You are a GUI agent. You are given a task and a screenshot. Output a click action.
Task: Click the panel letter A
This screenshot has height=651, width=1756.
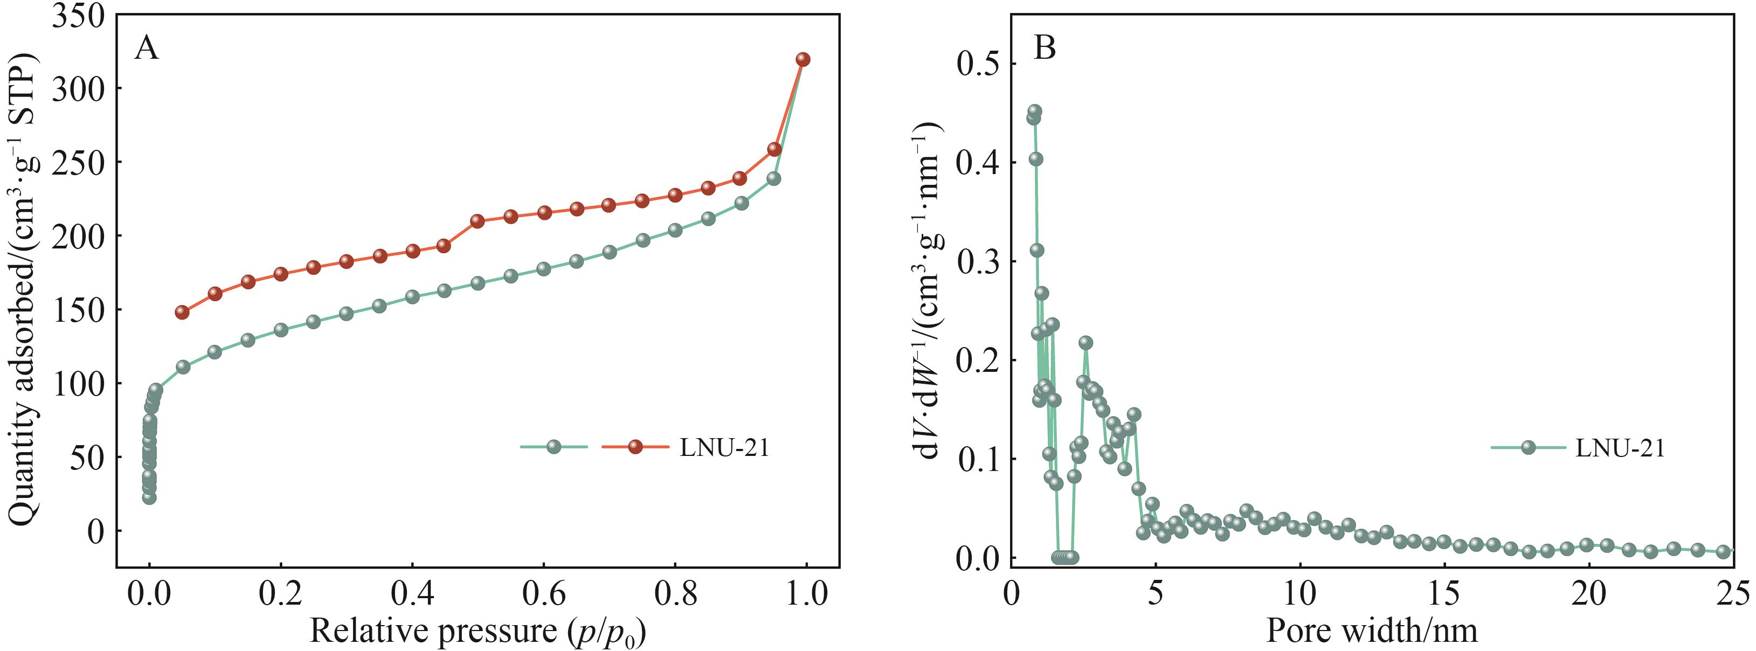146,49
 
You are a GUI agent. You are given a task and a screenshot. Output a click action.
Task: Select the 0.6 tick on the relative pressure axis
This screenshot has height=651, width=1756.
543,593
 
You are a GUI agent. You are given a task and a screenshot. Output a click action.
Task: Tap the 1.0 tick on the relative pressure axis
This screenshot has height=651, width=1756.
806,593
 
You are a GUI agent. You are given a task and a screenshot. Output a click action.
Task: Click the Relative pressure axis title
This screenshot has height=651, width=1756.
477,631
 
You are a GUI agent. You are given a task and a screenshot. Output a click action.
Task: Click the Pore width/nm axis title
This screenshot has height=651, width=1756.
1372,631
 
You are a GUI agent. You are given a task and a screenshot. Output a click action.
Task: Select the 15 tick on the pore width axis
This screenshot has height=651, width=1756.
1444,593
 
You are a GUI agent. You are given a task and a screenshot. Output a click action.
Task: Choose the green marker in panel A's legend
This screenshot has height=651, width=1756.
554,447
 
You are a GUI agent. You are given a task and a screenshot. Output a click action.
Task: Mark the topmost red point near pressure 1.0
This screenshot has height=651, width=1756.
803,59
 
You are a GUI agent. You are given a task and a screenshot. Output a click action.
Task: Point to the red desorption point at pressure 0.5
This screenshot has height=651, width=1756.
477,221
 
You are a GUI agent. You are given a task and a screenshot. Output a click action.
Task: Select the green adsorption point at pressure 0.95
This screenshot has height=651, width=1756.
773,178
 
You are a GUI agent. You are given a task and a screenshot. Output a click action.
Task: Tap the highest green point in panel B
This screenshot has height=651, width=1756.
1035,110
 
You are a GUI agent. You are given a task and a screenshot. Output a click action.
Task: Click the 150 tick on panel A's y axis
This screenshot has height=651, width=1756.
78,309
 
